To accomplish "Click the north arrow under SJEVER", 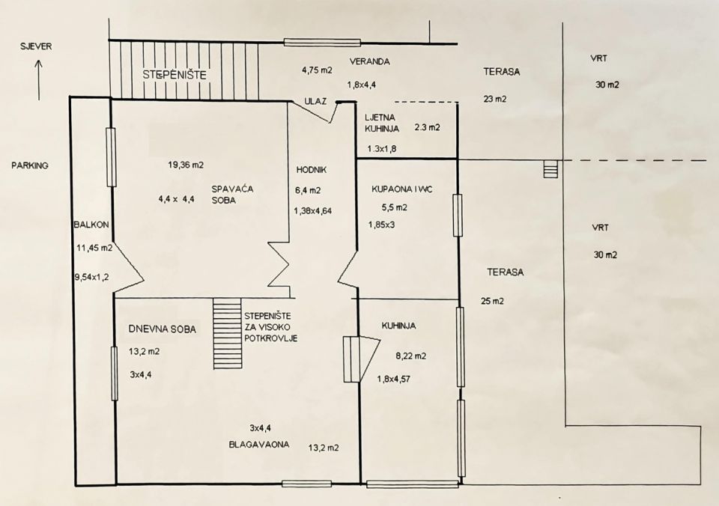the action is (39, 80).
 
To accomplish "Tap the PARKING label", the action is (30, 165).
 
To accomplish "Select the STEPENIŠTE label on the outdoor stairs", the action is (175, 75).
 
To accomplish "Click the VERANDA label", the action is (369, 61).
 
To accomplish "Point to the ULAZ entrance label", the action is (315, 101).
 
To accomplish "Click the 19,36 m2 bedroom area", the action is (186, 165).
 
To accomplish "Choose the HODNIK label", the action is (312, 170).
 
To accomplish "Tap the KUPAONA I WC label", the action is (402, 189).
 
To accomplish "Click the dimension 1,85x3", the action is (381, 225).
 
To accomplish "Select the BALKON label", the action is (91, 225).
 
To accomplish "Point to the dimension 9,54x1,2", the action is (91, 277).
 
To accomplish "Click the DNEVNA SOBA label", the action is (163, 329).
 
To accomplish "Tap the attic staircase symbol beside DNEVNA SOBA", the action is (228, 333).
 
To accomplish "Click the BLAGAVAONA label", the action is (259, 445).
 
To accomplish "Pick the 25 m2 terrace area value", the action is (493, 301).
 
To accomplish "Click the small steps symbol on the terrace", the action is (550, 168).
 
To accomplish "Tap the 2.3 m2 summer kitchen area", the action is (427, 127).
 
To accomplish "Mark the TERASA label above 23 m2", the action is (502, 72).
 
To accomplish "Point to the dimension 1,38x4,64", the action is (313, 211).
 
